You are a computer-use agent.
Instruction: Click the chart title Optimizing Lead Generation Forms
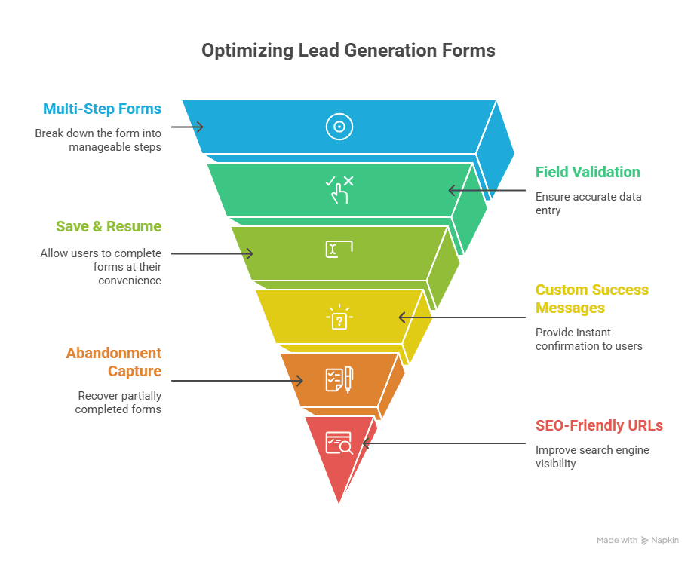[x=348, y=51]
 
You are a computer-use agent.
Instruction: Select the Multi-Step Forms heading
[x=102, y=109]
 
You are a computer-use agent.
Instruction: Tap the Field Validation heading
[x=588, y=172]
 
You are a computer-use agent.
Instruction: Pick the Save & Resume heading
[x=109, y=226]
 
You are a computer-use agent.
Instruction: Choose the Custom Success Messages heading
[x=591, y=299]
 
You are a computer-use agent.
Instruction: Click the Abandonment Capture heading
[x=113, y=362]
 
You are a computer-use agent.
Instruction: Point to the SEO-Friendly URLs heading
[x=599, y=425]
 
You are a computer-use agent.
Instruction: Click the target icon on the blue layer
[x=339, y=127]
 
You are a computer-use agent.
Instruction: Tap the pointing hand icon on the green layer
[x=339, y=190]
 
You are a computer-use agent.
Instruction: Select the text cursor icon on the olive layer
[x=339, y=250]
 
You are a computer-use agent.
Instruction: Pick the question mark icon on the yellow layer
[x=339, y=318]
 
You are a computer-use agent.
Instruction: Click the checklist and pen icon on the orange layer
[x=339, y=379]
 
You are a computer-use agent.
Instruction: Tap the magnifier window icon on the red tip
[x=339, y=443]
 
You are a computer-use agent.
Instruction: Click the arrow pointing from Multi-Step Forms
[x=188, y=127]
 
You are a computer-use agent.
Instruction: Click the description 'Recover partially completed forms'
[x=119, y=402]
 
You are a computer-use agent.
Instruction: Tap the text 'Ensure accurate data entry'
[x=588, y=204]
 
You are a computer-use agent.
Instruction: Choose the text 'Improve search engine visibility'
[x=592, y=457]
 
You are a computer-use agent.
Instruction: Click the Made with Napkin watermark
[x=637, y=540]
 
